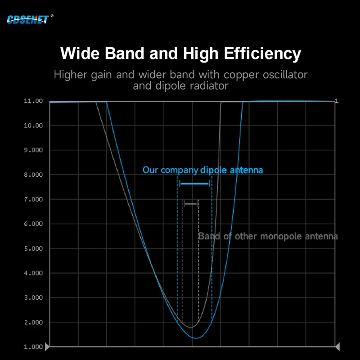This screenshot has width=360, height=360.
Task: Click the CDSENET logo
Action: pyautogui.click(x=28, y=18)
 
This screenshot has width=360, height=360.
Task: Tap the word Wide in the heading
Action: pyautogui.click(x=80, y=54)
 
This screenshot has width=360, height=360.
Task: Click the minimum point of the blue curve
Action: pyautogui.click(x=196, y=338)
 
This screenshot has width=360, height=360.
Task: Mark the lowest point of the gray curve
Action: pyautogui.click(x=191, y=327)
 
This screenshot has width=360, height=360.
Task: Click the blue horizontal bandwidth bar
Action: pyautogui.click(x=194, y=184)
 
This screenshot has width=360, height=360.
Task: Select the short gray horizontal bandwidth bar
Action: pyautogui.click(x=191, y=204)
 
